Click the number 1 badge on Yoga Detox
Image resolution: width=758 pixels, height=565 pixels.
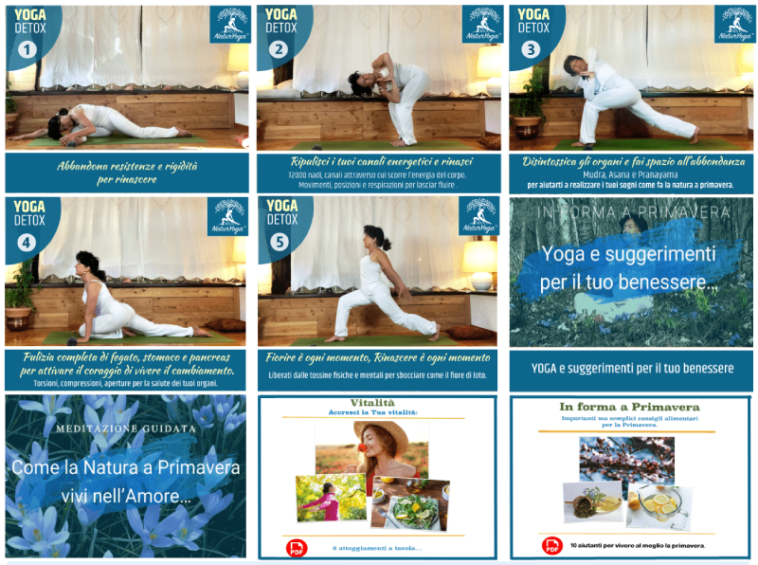[x=28, y=49]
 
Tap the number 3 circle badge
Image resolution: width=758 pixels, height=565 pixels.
[x=532, y=49]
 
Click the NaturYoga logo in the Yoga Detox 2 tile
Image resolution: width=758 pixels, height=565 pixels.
[x=481, y=25]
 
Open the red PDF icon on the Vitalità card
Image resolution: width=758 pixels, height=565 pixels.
[x=297, y=547]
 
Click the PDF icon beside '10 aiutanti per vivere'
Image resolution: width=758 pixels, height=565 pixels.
[x=551, y=545]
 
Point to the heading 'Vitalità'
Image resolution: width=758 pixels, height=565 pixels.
[x=377, y=404]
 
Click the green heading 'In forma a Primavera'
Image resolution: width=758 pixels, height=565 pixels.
[x=629, y=407]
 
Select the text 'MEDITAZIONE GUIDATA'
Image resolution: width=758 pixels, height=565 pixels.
[x=125, y=428]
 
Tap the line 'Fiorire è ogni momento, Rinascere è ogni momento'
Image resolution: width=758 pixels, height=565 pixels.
[x=377, y=357]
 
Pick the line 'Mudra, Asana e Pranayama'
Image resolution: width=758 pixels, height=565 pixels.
[x=630, y=174]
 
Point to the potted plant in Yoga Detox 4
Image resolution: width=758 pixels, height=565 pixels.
[x=19, y=296]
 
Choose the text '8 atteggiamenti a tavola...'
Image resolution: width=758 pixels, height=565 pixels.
[x=376, y=548]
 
